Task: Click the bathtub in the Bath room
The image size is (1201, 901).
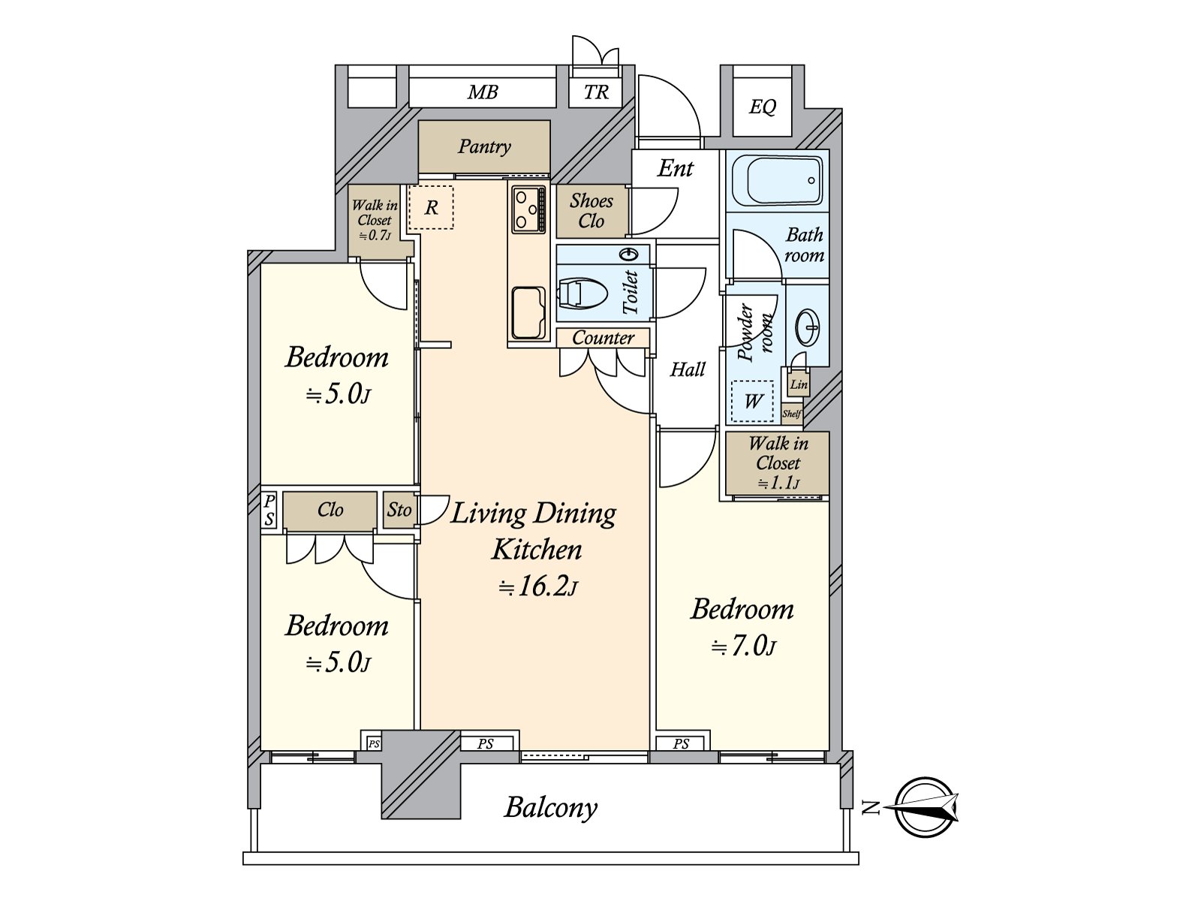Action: point(777,180)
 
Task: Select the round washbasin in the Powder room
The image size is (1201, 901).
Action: point(808,327)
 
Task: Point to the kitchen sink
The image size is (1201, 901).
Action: point(528,313)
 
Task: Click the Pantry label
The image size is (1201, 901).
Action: point(484,146)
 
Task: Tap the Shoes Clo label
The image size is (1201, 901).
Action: point(591,211)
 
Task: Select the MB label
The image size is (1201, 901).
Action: point(483,92)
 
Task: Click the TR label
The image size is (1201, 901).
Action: point(596,92)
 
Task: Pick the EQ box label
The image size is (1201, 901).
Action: point(762,106)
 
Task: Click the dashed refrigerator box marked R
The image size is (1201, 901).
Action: point(432,207)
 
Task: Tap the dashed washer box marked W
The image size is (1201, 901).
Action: point(753,401)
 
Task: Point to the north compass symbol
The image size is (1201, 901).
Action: point(926,807)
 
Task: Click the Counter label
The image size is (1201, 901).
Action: point(603,338)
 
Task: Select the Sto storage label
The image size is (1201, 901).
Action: point(399,510)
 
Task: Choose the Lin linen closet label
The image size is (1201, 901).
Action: point(799,384)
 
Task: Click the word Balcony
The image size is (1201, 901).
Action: point(550,808)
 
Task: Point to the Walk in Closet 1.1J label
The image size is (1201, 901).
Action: point(778,463)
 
